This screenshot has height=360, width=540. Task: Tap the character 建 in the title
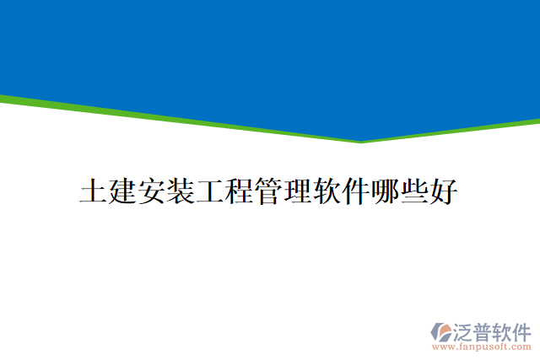tap(122, 191)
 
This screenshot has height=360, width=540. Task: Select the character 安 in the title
tap(152, 191)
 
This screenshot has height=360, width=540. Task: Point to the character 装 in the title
tap(181, 191)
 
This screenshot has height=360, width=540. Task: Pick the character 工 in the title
tap(211, 191)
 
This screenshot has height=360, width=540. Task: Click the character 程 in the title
tap(240, 191)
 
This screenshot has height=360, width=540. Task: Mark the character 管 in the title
tap(270, 191)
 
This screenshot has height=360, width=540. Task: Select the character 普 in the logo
tap(487, 330)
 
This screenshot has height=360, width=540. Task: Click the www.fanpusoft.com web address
tap(482, 347)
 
